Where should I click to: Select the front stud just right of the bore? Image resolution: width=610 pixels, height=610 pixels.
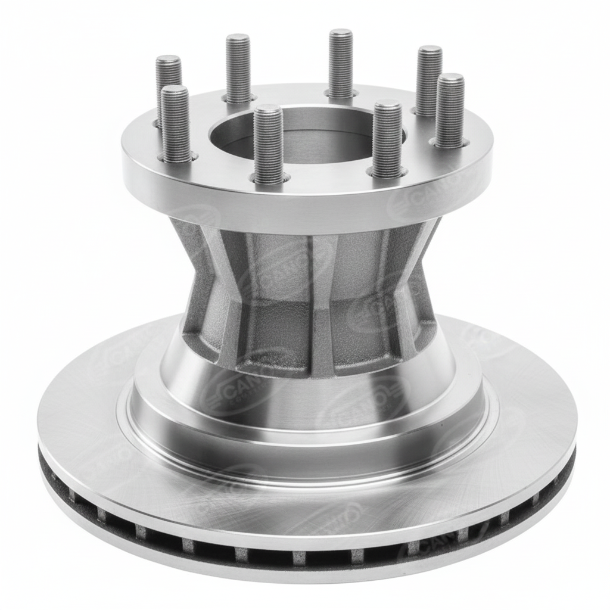(387, 140)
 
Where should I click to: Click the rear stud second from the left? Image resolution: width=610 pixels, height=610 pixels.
(238, 69)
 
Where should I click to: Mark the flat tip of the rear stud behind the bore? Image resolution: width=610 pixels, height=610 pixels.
(341, 33)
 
